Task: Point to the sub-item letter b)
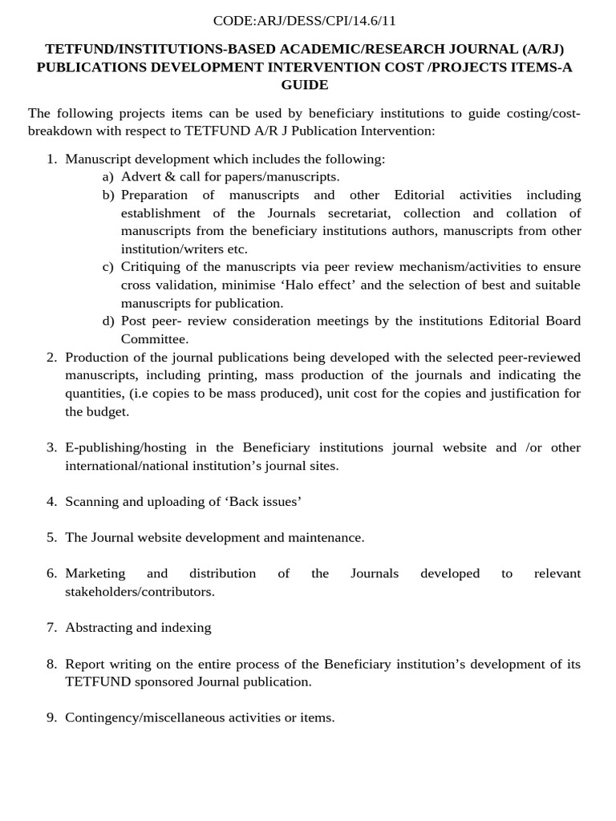(x=108, y=195)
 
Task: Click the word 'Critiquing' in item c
(x=150, y=267)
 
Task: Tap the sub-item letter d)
(x=108, y=322)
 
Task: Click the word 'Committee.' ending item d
(x=155, y=339)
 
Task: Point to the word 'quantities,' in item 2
(x=95, y=394)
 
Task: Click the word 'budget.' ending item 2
(x=108, y=412)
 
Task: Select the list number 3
(x=51, y=447)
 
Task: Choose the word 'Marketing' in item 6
(x=95, y=574)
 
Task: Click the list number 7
(x=51, y=628)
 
